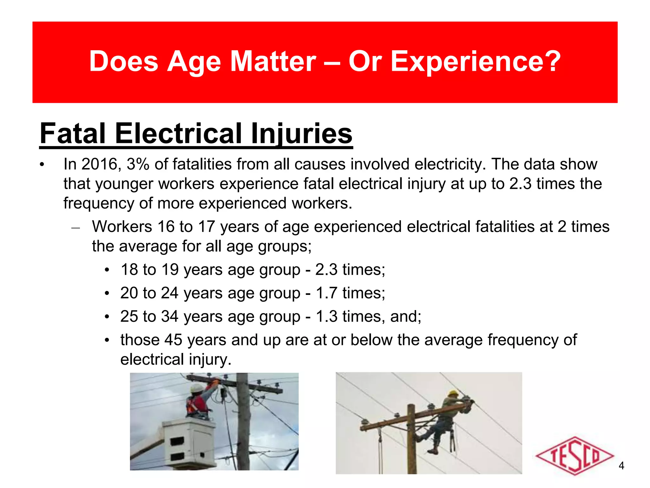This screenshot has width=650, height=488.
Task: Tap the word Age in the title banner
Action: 194,62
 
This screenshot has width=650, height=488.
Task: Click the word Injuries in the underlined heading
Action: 301,133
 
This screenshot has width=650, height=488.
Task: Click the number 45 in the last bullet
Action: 173,340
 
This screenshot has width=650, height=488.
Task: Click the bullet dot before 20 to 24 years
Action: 107,293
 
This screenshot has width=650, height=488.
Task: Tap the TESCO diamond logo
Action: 574,456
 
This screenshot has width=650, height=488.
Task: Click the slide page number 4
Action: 621,466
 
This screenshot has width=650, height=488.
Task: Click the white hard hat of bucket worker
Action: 197,388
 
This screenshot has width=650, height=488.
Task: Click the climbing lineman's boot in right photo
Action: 432,451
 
